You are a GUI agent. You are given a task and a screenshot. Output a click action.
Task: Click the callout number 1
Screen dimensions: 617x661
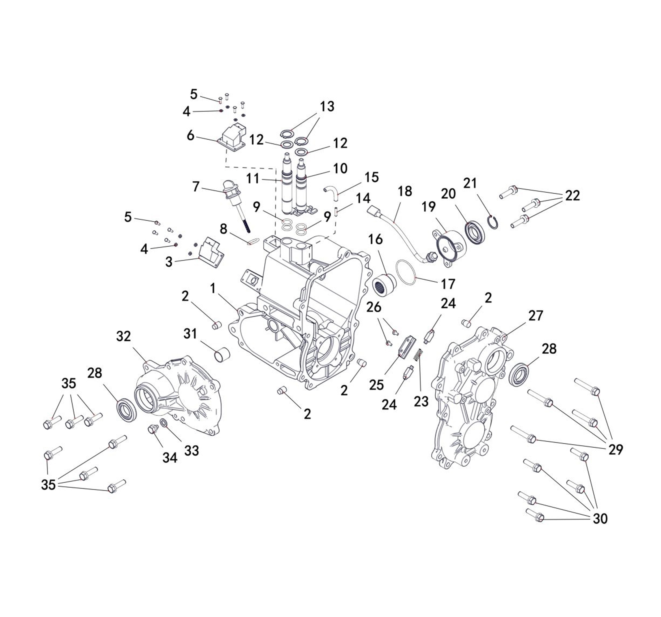[213, 289]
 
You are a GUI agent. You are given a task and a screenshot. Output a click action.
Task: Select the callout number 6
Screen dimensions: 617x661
[190, 135]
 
